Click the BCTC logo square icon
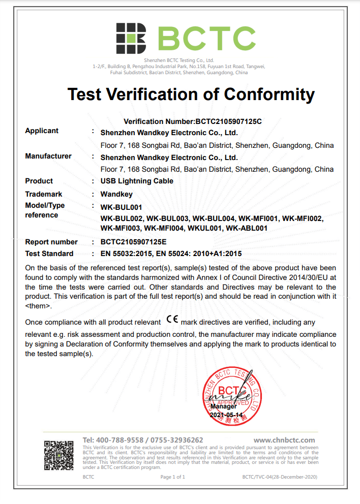click(x=131, y=38)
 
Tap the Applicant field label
click(x=42, y=131)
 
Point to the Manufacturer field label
click(x=48, y=156)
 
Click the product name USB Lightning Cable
click(x=137, y=181)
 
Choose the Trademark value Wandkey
click(x=116, y=194)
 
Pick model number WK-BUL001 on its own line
click(x=121, y=207)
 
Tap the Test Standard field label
click(x=49, y=254)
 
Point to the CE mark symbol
click(x=172, y=321)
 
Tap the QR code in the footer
click(x=59, y=455)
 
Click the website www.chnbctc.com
click(x=284, y=440)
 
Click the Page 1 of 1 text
click(x=173, y=477)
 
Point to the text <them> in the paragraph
click(x=38, y=306)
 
